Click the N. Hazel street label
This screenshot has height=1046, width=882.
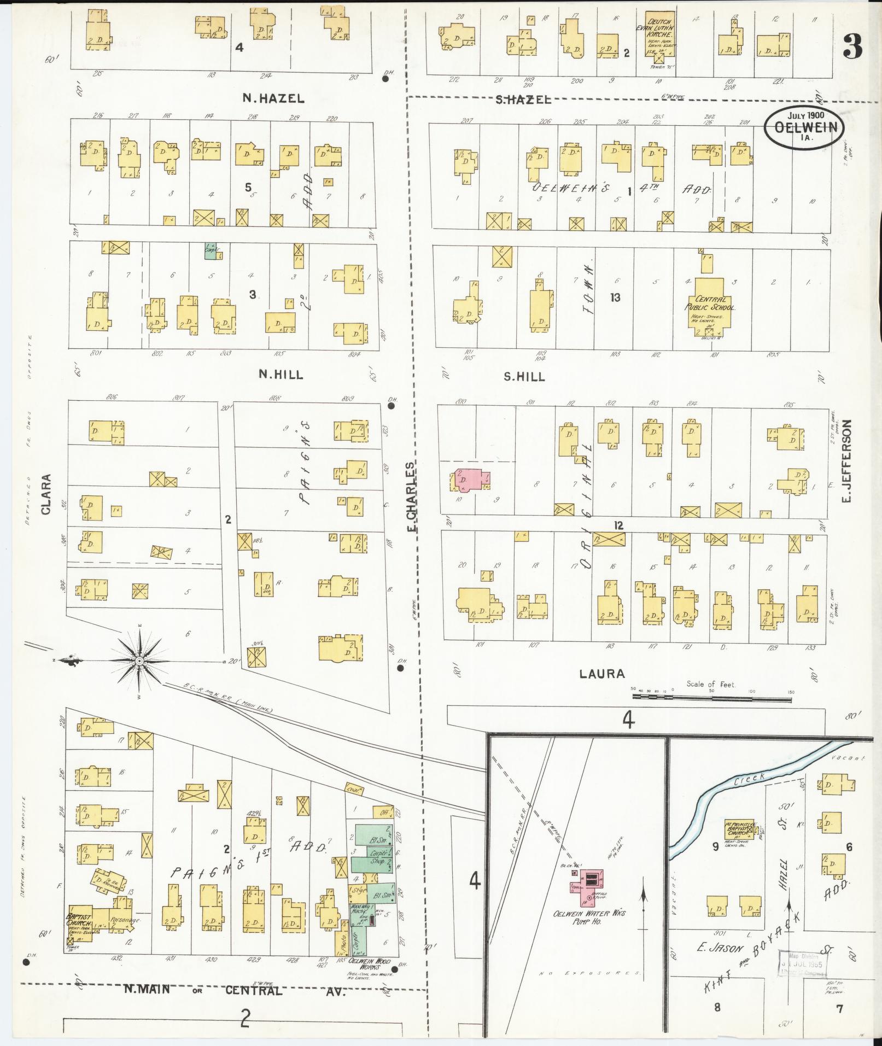coord(273,98)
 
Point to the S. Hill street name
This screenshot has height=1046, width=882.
coord(524,376)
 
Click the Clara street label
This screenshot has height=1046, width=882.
coord(45,494)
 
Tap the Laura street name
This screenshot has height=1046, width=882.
coord(603,674)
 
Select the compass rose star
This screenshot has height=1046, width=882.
coord(139,662)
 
